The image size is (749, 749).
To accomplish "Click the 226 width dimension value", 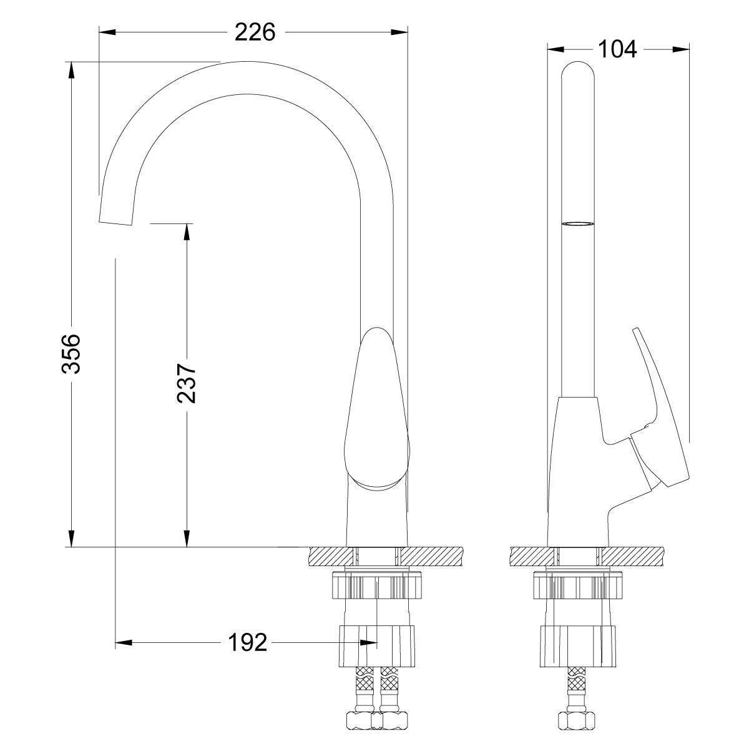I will (255, 32).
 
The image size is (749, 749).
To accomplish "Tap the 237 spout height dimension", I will (186, 383).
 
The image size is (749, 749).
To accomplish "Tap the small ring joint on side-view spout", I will (577, 223).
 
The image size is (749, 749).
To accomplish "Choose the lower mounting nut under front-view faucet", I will (378, 646).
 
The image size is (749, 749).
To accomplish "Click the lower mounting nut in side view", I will (577, 646).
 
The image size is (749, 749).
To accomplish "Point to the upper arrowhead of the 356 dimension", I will (72, 69).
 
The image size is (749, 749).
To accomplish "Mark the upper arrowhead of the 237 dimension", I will (186, 231).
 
